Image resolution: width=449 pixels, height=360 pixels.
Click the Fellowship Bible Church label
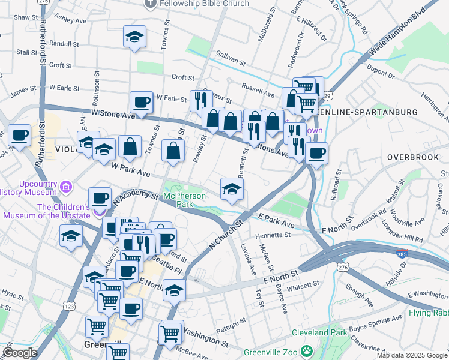click(x=204, y=4)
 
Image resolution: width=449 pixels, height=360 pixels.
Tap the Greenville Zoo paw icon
click(x=307, y=349)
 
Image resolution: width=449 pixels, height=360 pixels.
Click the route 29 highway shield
click(x=328, y=96)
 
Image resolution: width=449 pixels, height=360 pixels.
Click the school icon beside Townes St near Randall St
click(x=135, y=37)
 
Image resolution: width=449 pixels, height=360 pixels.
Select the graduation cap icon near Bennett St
click(x=232, y=189)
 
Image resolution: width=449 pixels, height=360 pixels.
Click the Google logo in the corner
click(x=19, y=353)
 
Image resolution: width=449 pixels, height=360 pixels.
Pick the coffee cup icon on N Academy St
click(x=100, y=198)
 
